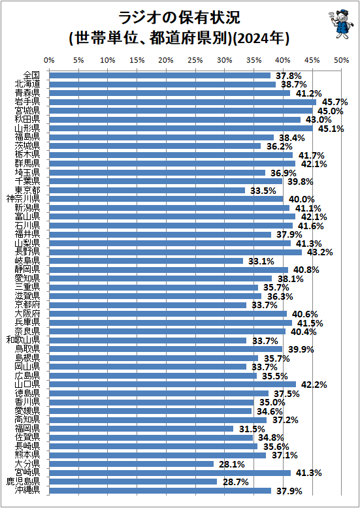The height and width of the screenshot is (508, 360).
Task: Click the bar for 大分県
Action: (x=131, y=464)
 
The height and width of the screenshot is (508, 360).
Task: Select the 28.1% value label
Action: (x=231, y=464)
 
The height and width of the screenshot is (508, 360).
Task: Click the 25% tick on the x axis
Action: (x=195, y=60)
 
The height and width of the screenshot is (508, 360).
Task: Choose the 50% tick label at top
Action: (x=340, y=60)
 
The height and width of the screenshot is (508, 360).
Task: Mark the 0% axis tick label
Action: (x=49, y=60)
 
